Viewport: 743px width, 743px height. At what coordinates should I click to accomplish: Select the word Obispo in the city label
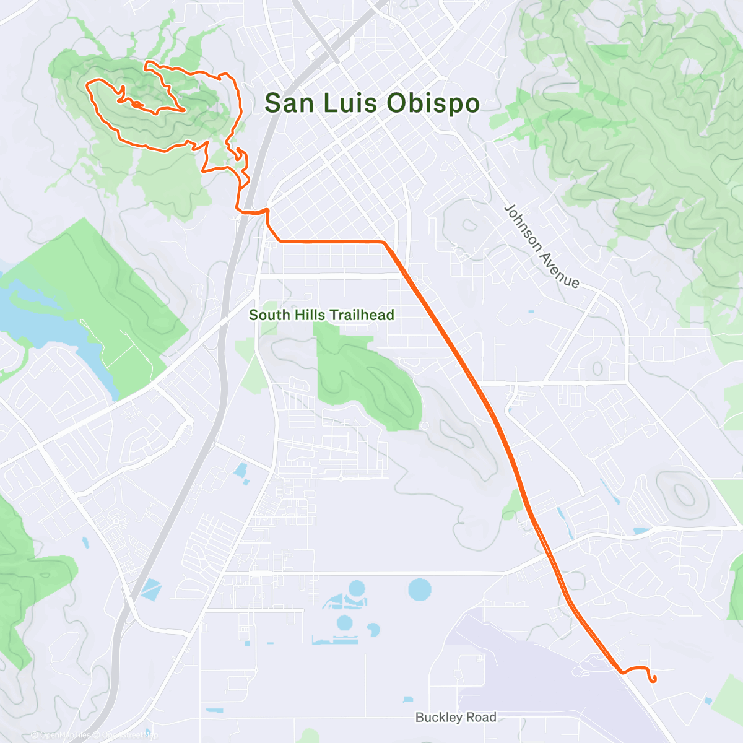(x=433, y=103)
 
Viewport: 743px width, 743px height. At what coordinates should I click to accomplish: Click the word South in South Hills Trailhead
(x=269, y=315)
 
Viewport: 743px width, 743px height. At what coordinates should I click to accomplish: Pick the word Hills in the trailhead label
(x=309, y=315)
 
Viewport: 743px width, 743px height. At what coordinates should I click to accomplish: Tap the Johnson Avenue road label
(x=542, y=246)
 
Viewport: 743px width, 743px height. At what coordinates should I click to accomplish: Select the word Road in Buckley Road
(x=482, y=717)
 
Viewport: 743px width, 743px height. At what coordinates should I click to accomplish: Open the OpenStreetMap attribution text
(x=127, y=736)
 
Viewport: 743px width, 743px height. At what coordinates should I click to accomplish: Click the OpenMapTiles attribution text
(x=65, y=736)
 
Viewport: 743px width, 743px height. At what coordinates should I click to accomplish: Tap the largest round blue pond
(x=420, y=588)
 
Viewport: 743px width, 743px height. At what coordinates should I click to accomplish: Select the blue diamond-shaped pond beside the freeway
(x=150, y=589)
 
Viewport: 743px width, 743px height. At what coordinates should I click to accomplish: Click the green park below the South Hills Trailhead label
(x=365, y=378)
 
